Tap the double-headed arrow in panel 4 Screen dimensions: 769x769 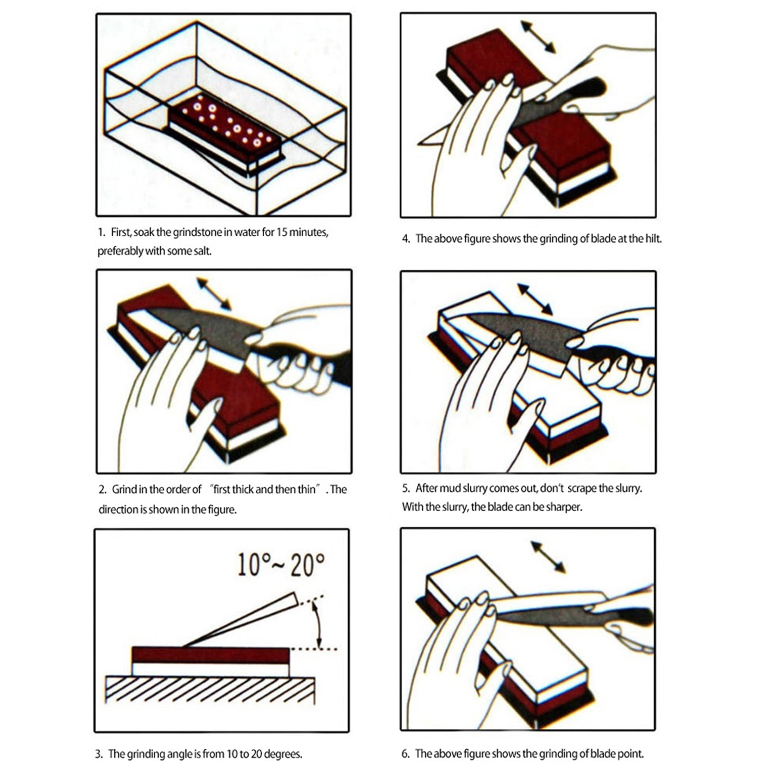click(x=538, y=37)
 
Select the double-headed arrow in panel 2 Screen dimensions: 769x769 click(x=214, y=294)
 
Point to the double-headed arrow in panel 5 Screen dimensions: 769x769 click(x=535, y=299)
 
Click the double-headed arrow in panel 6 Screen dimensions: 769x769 click(x=548, y=557)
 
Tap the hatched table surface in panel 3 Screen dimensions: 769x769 click(x=210, y=689)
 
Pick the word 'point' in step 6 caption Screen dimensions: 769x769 click(x=631, y=754)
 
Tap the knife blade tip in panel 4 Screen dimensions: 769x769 click(x=425, y=141)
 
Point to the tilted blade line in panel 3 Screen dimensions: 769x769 click(x=240, y=620)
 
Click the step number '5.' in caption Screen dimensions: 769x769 click(x=406, y=488)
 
